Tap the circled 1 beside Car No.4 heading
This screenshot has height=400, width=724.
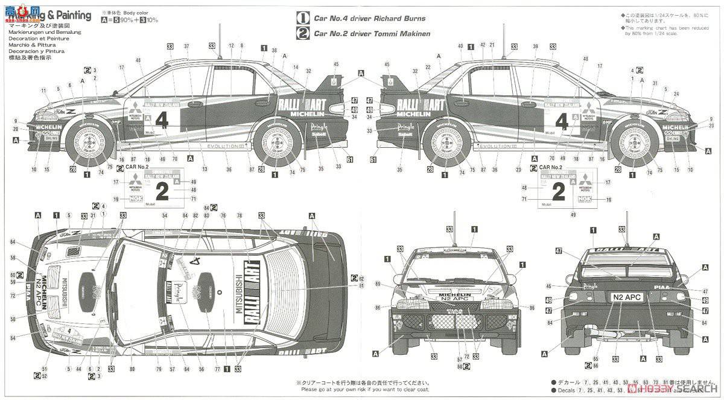pyautogui.click(x=303, y=19)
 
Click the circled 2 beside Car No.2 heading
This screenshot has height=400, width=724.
pyautogui.click(x=303, y=34)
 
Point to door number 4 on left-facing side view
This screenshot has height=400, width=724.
pyautogui.click(x=161, y=119)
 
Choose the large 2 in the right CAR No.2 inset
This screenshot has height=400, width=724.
pyautogui.click(x=559, y=192)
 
